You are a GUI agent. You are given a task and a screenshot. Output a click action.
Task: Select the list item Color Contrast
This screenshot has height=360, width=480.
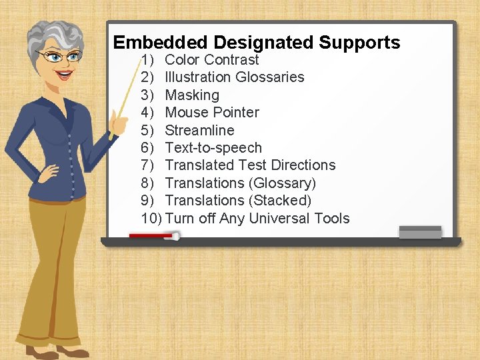coord(211,59)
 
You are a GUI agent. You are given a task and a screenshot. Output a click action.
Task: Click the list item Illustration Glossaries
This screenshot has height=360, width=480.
coord(234,77)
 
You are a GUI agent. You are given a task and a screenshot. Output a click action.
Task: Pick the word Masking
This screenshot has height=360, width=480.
coord(192,95)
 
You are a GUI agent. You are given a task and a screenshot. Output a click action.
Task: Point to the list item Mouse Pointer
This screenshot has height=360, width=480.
coord(212,113)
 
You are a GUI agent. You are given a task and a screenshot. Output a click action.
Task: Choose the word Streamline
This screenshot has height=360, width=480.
coord(199,130)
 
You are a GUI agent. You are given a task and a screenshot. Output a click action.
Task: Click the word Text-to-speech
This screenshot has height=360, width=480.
coord(213,148)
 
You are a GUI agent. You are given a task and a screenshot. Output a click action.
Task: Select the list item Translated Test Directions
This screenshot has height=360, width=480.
coord(250,165)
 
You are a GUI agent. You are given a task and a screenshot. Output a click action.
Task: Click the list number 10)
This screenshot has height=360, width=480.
coord(151,219)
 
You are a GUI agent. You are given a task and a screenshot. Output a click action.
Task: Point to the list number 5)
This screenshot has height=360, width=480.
coord(148,130)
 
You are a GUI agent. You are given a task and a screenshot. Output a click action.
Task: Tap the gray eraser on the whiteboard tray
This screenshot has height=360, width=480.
coord(420,233)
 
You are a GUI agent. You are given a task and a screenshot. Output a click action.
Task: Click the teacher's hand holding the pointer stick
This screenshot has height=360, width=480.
coord(118,121)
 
